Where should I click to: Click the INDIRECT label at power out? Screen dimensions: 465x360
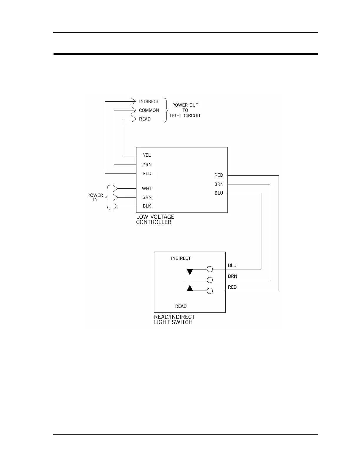coord(149,102)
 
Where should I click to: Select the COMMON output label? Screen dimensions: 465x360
coord(149,110)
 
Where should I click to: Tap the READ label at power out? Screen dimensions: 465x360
coord(145,119)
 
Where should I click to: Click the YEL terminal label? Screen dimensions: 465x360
coord(147,155)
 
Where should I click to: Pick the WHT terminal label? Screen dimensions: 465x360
coord(147,189)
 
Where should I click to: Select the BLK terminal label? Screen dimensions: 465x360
coord(147,206)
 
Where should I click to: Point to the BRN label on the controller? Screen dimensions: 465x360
coord(219,184)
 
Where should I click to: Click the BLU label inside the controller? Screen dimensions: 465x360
coord(219,193)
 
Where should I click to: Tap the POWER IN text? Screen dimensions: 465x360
coord(95,197)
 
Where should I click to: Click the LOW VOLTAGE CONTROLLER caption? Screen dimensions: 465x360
coord(155,219)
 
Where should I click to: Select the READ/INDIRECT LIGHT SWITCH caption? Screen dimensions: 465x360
coord(174,320)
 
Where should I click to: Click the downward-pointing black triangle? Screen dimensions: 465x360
coord(190,272)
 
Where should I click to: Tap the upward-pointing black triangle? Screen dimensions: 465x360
coord(190,288)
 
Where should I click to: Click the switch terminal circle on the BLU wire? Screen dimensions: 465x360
coord(210,269)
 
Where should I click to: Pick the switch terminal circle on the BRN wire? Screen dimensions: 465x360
coord(210,280)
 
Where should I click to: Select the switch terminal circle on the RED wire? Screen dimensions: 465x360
coord(210,291)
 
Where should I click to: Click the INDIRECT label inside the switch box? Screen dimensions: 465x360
coord(181,258)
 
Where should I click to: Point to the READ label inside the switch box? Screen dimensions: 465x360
coord(181,306)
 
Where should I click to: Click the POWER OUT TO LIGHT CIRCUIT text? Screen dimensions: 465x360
coord(185,110)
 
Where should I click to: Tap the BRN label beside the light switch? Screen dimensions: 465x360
coord(232,276)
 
